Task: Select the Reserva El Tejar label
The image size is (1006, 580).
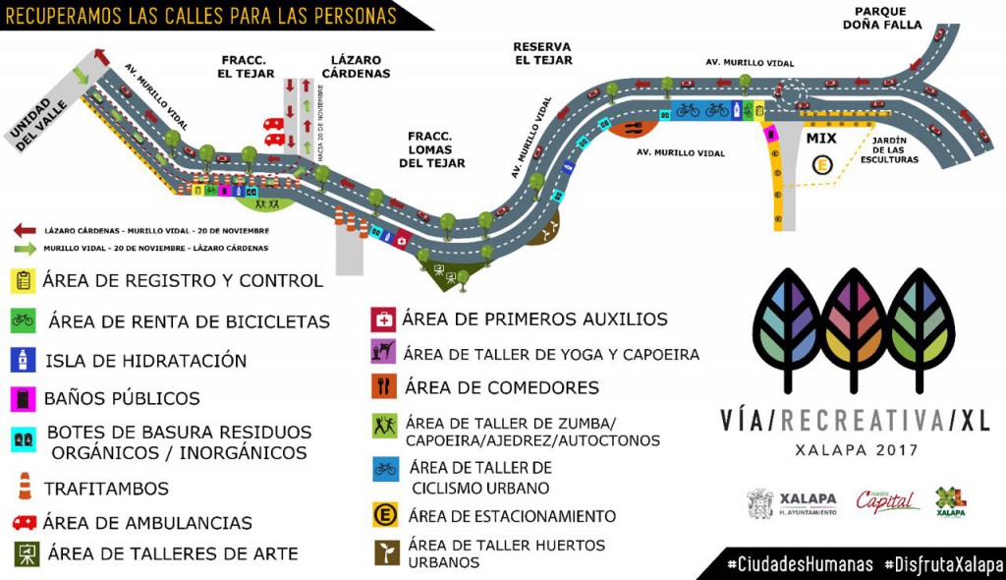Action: pos(542,53)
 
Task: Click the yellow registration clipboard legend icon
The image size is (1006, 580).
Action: pos(25,280)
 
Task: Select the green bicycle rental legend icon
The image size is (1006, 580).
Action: pos(24,320)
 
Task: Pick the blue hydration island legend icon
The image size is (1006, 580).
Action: pos(24,360)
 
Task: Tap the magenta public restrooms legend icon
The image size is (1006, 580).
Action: pos(24,398)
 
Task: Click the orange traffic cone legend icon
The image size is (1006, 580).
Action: pos(25,486)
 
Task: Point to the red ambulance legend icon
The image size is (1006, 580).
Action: pos(25,522)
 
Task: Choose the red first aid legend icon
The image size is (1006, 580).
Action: pos(382,319)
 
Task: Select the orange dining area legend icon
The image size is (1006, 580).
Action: pos(382,386)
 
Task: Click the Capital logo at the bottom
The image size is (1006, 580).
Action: pos(887,501)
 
